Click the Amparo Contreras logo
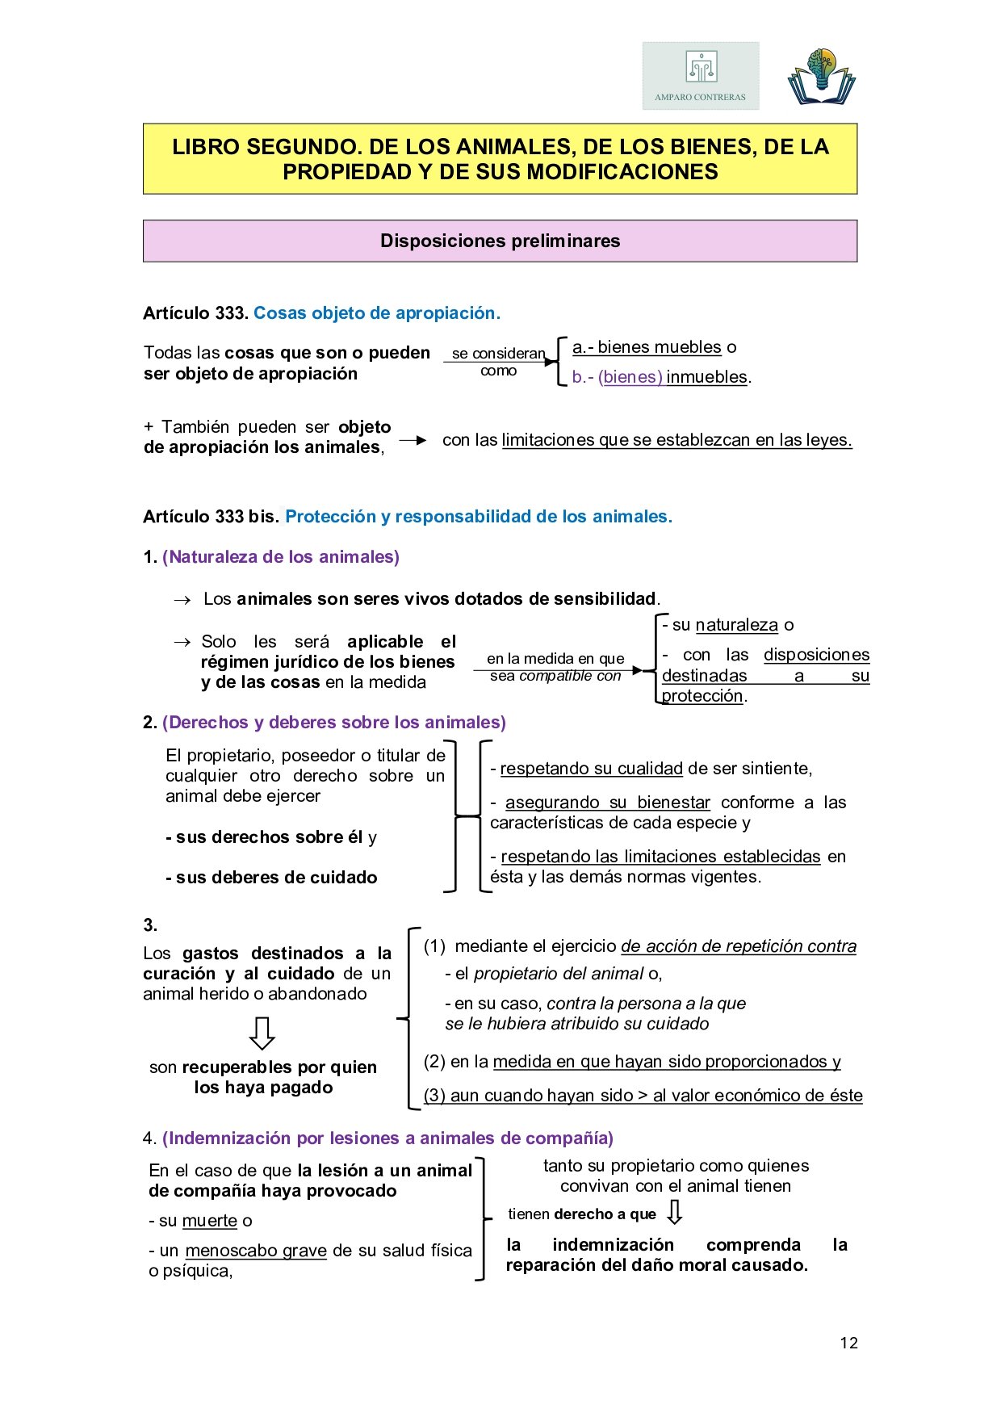[x=701, y=76]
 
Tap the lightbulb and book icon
[x=821, y=77]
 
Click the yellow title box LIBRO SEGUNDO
[x=500, y=159]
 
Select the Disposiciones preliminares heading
[x=500, y=241]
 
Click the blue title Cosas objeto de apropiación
[x=377, y=313]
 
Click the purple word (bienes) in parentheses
[x=630, y=377]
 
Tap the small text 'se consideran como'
[x=498, y=362]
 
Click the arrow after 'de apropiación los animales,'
[x=413, y=440]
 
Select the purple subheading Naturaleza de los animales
[x=281, y=557]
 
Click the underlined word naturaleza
[x=736, y=625]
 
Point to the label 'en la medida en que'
[x=555, y=659]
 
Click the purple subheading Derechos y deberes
[x=334, y=723]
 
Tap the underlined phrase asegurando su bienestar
[x=607, y=803]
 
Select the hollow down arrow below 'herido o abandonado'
[x=262, y=1033]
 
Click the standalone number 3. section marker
[x=150, y=925]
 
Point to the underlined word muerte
[x=210, y=1221]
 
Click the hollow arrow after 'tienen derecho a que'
[x=675, y=1212]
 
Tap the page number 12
[x=848, y=1343]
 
